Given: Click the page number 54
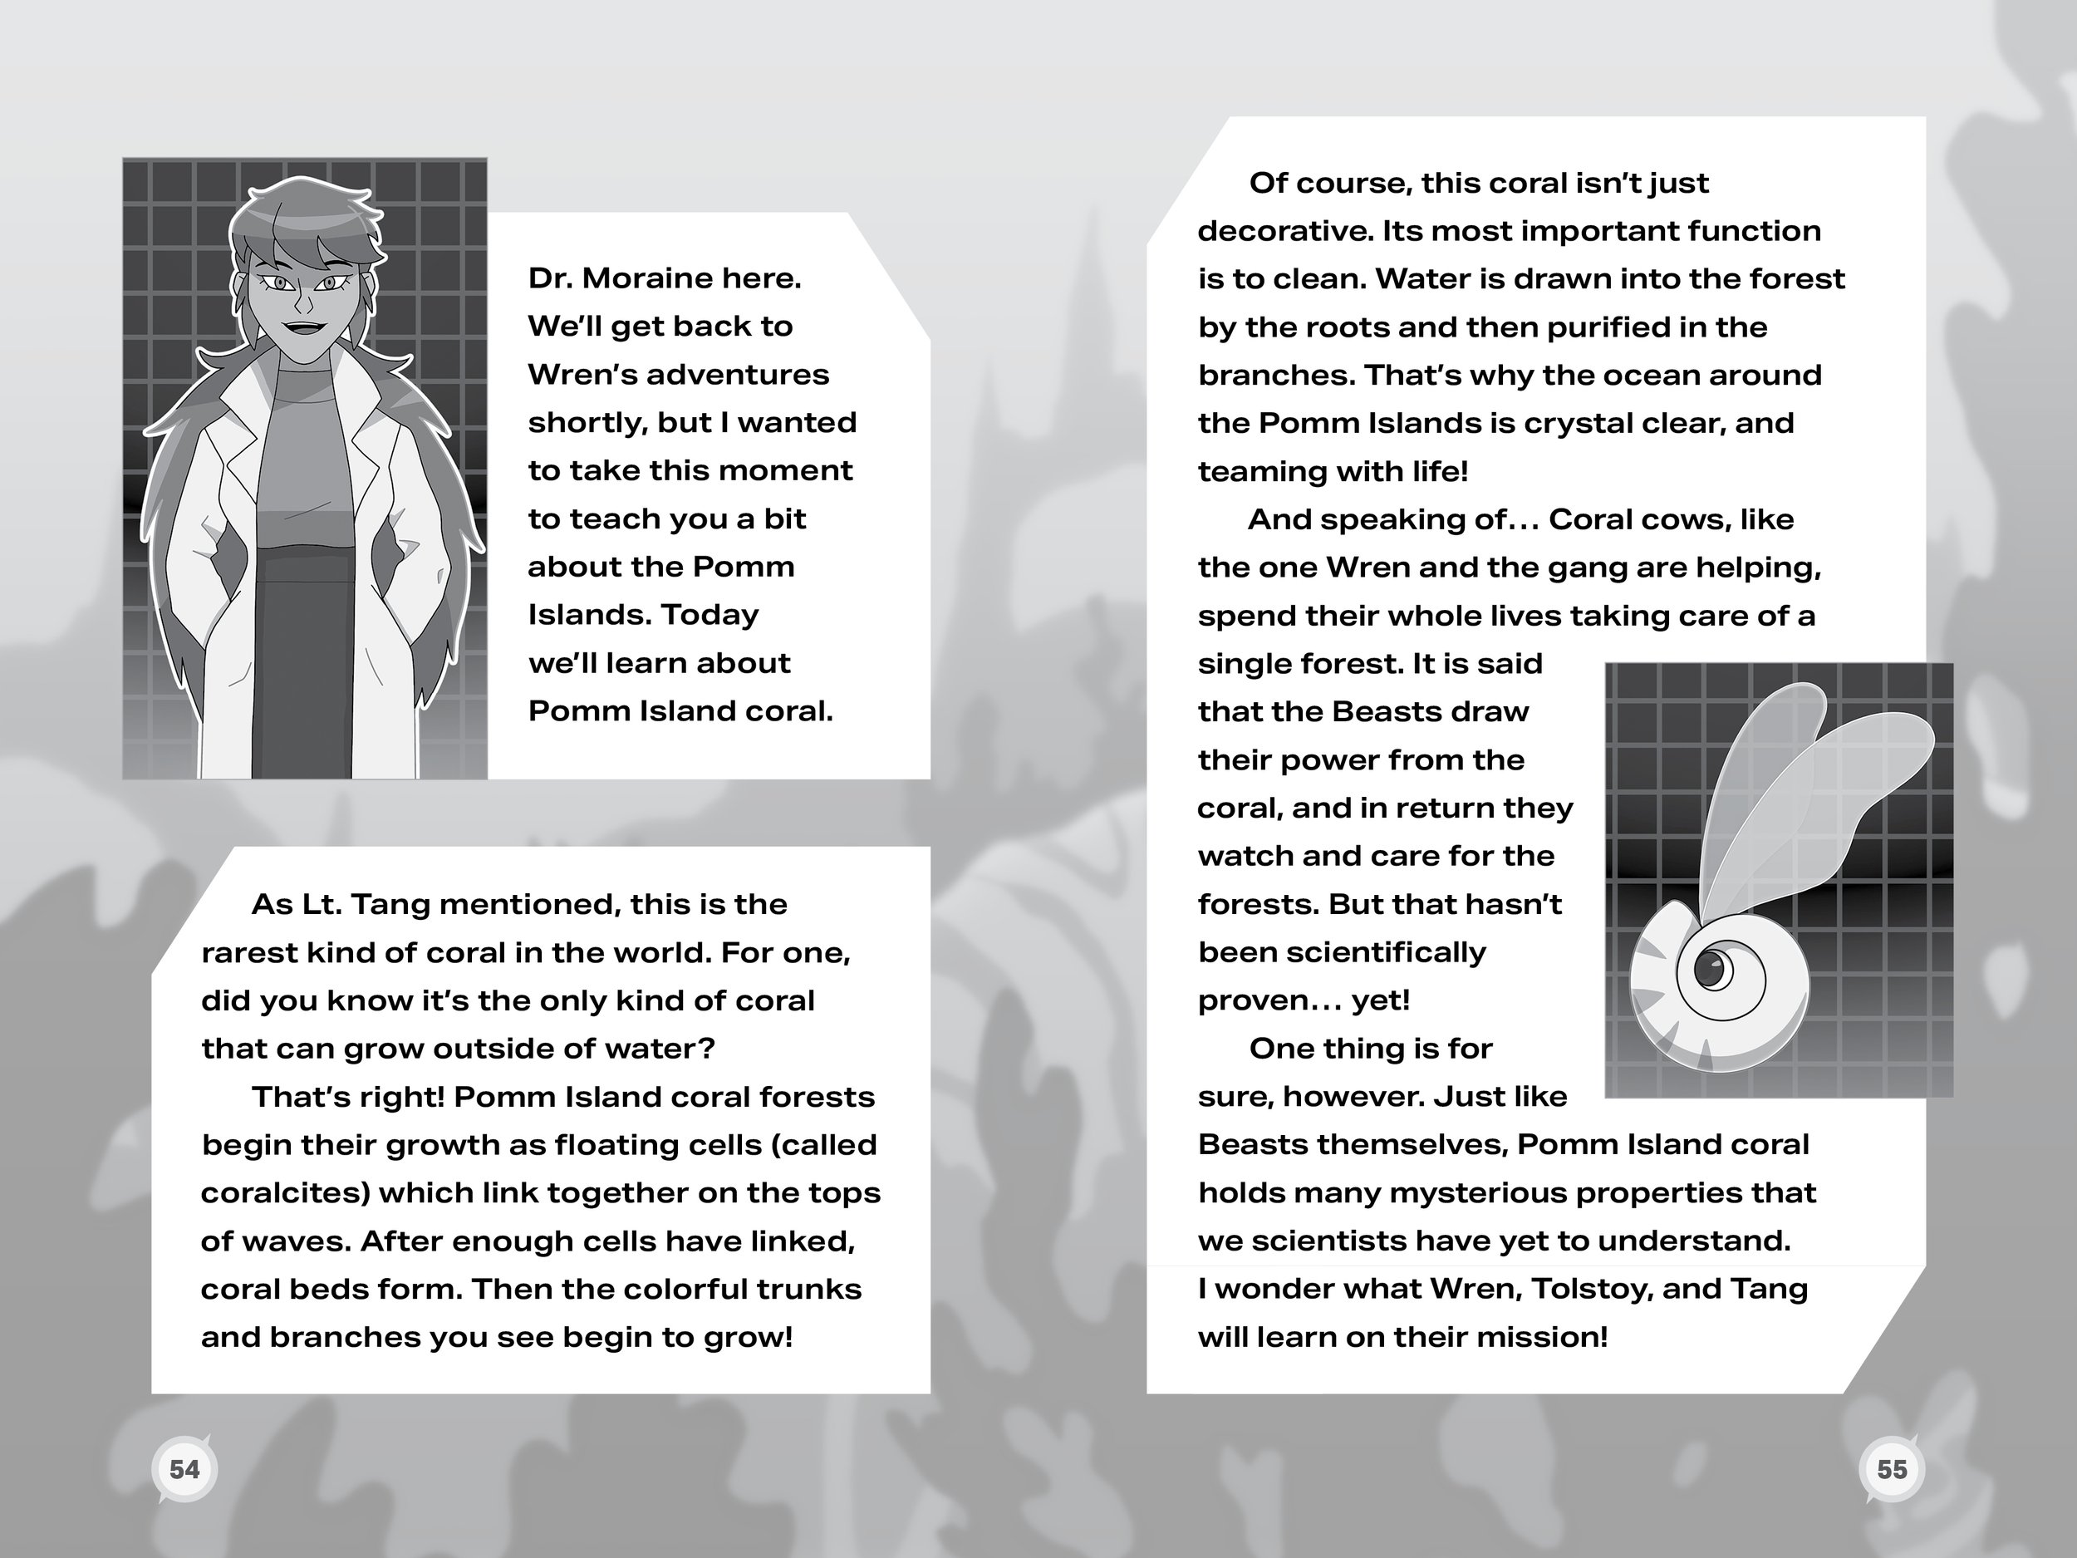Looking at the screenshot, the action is pos(184,1469).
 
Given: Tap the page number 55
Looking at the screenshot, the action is pos(1891,1469).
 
